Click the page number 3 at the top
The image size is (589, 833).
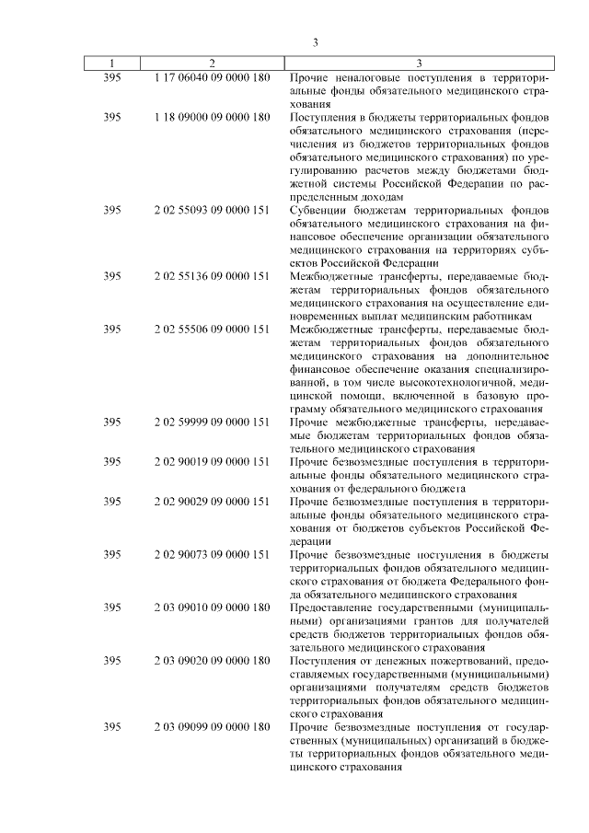(x=315, y=41)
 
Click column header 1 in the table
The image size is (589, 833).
(x=112, y=64)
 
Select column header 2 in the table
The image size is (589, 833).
(x=212, y=64)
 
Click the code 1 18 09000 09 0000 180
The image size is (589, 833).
(x=212, y=118)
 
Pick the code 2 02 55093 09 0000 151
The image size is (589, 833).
(x=212, y=210)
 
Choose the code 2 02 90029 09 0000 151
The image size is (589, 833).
(x=212, y=502)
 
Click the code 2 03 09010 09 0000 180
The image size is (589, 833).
(x=212, y=607)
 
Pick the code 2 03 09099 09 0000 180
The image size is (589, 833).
(x=212, y=727)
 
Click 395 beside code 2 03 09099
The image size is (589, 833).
(x=112, y=727)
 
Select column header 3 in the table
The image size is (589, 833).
(x=419, y=64)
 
